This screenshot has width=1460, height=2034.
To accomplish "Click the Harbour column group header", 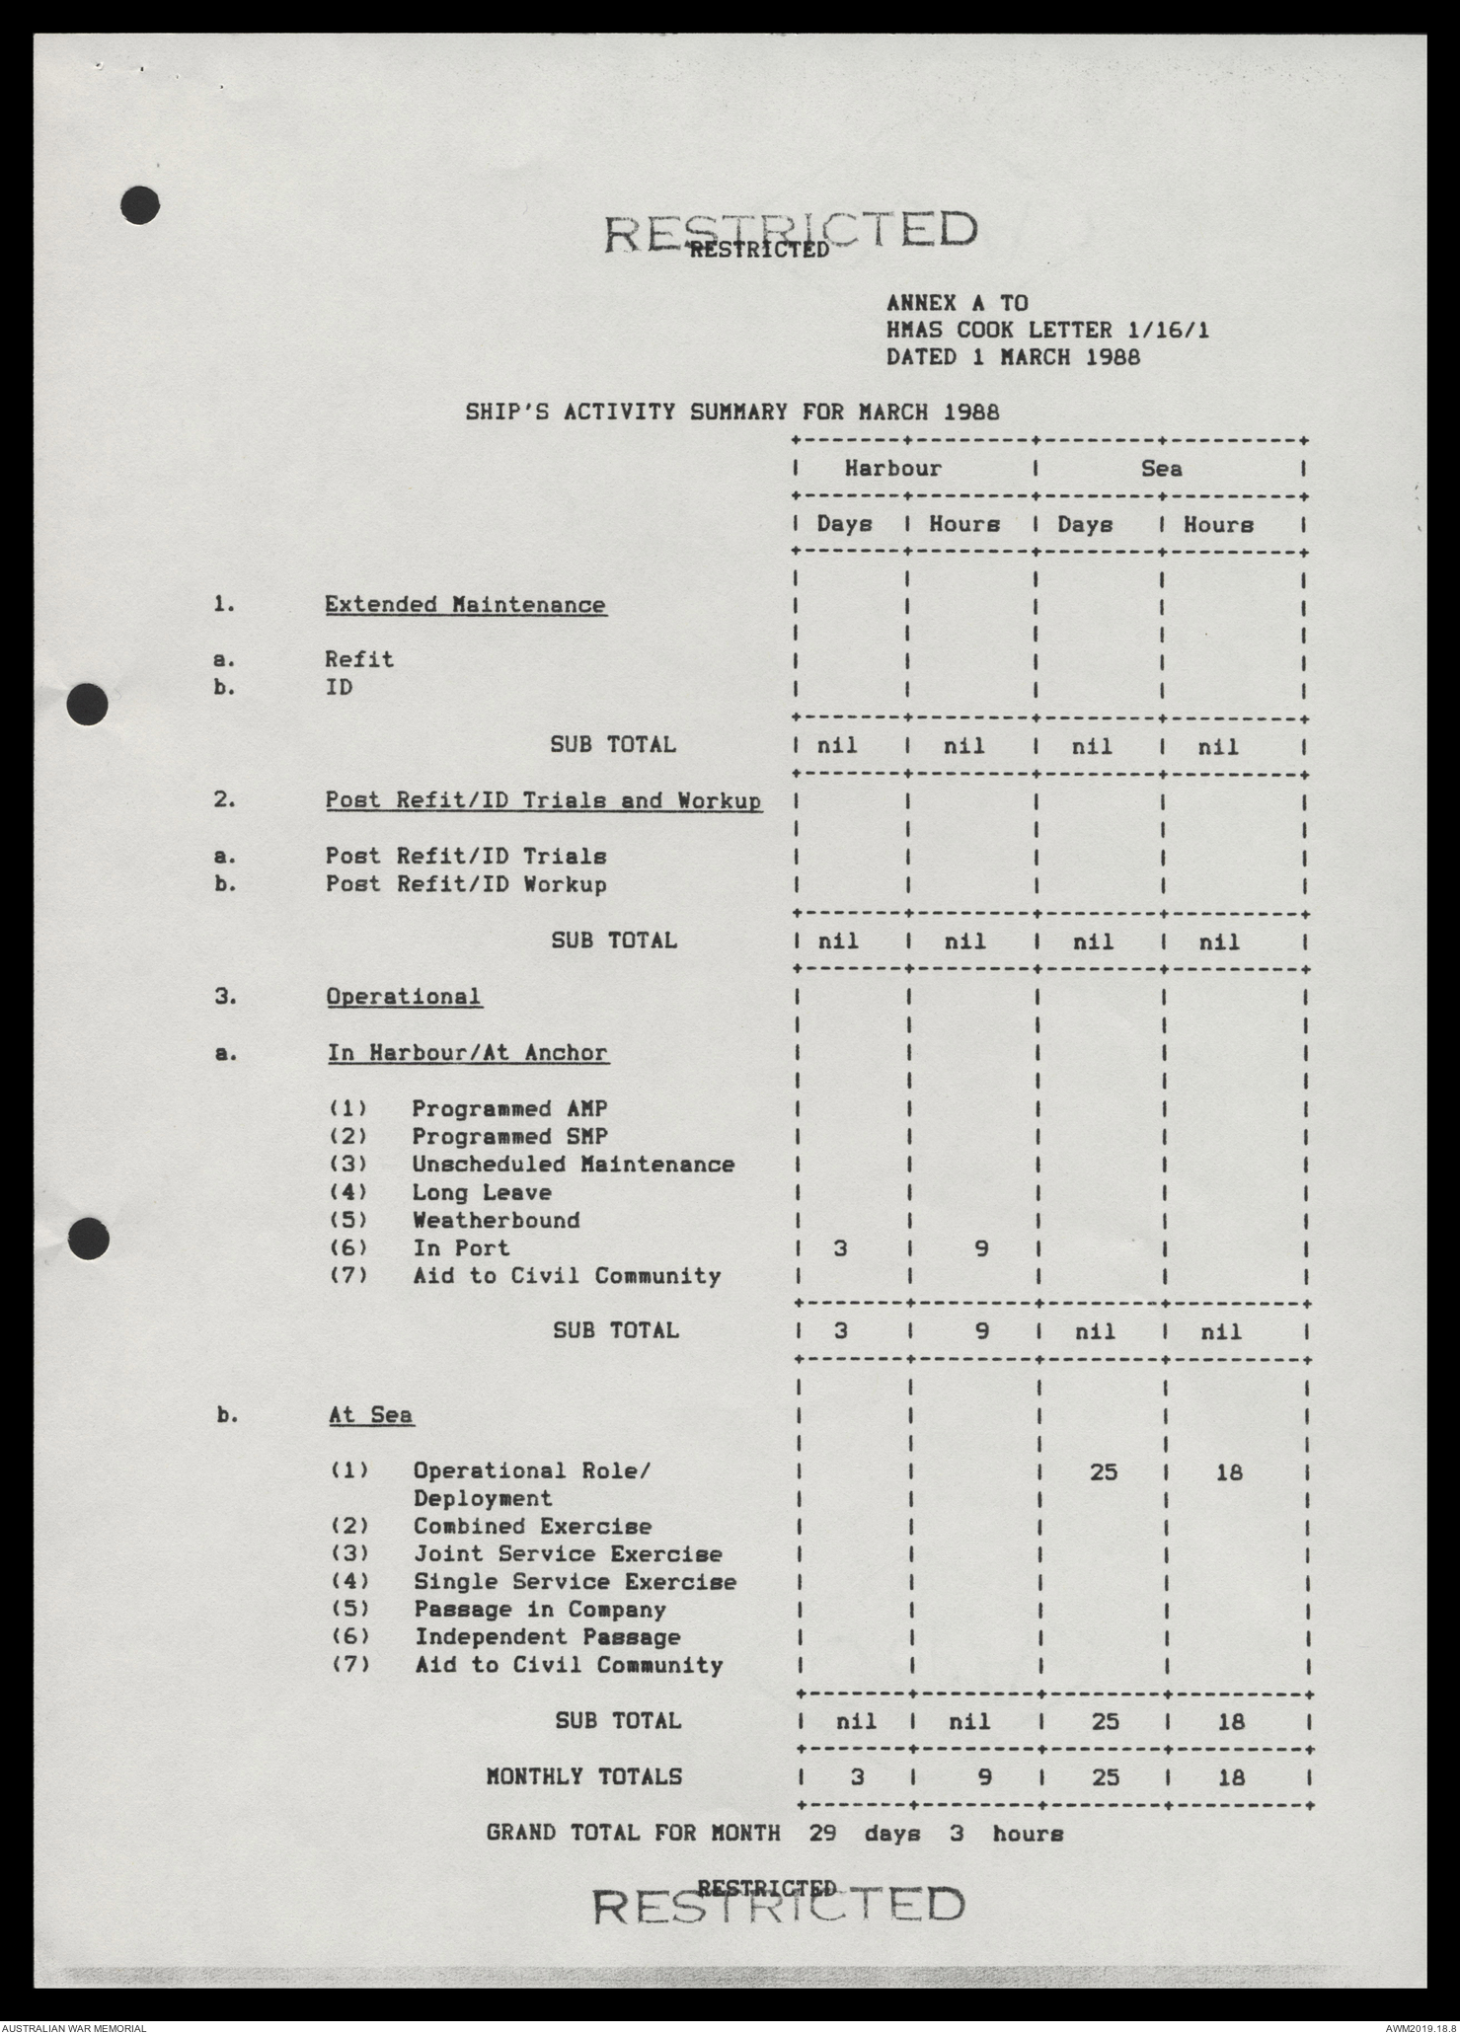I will tap(892, 468).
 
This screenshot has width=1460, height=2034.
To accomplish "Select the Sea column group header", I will tap(1161, 468).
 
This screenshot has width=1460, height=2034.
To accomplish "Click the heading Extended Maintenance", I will tap(465, 604).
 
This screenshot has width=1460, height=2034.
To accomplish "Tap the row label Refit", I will tap(359, 658).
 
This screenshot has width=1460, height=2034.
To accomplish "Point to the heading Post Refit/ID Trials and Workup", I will tap(544, 799).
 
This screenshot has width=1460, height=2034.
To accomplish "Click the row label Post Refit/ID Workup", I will tap(466, 883).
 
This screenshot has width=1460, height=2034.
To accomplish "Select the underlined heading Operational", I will tap(404, 996).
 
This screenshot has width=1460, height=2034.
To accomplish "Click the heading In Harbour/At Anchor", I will tap(468, 1052).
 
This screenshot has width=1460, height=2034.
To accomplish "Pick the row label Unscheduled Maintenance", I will tap(573, 1164).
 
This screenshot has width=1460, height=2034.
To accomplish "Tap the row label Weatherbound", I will tap(496, 1220).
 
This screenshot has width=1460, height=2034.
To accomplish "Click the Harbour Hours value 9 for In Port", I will tap(980, 1248).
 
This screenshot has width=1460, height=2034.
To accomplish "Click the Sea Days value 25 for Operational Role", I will tap(1104, 1472).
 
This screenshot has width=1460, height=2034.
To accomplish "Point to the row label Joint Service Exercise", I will tap(568, 1553).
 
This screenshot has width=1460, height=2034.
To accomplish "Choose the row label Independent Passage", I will tap(547, 1636).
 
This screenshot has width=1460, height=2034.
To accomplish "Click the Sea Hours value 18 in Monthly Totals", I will tap(1230, 1776).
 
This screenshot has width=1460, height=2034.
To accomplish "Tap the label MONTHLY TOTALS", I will tap(583, 1775).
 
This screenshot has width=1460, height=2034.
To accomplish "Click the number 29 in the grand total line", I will tap(826, 1833).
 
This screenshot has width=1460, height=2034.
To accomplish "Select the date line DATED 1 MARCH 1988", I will tap(1012, 356).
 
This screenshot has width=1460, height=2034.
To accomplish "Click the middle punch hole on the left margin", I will tap(87, 705).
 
